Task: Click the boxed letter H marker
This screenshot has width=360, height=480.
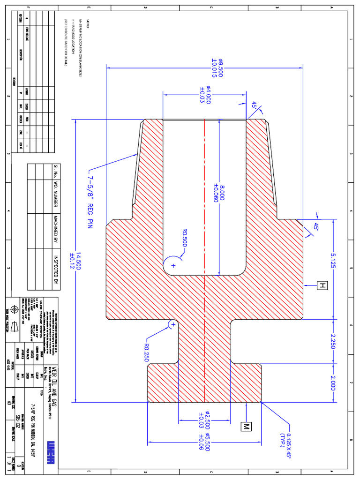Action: pyautogui.click(x=322, y=285)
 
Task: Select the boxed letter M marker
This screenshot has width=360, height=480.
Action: pyautogui.click(x=246, y=426)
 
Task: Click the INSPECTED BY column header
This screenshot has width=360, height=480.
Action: pyautogui.click(x=54, y=270)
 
